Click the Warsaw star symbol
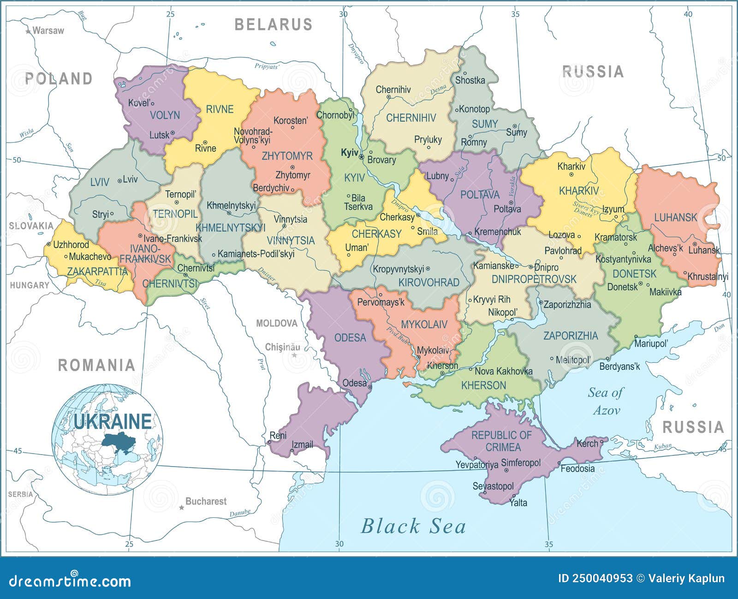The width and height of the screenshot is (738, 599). pyautogui.click(x=28, y=31)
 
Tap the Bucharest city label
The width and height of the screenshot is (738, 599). pyautogui.click(x=206, y=501)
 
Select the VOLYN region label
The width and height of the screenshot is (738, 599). pyautogui.click(x=165, y=115)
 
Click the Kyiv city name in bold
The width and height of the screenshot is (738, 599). pyautogui.click(x=349, y=153)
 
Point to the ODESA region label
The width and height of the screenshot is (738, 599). pyautogui.click(x=350, y=338)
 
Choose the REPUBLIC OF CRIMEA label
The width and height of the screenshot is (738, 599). pyautogui.click(x=502, y=441)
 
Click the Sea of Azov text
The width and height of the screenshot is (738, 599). pyautogui.click(x=606, y=401)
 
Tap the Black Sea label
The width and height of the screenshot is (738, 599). pyautogui.click(x=413, y=526)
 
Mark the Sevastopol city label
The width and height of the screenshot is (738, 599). pyautogui.click(x=493, y=486)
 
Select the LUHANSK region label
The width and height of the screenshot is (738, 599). pyautogui.click(x=676, y=217)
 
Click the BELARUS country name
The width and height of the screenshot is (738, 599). pyautogui.click(x=274, y=24)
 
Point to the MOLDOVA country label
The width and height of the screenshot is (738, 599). pyautogui.click(x=277, y=323)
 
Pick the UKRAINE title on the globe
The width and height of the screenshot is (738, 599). pyautogui.click(x=113, y=421)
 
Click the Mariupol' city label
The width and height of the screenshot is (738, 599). pyautogui.click(x=651, y=343)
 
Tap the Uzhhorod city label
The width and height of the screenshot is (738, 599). pyautogui.click(x=71, y=245)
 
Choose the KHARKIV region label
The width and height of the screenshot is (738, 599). pyautogui.click(x=579, y=191)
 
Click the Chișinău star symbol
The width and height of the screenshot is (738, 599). pyautogui.click(x=294, y=355)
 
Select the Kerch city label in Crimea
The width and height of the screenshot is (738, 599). pyautogui.click(x=587, y=443)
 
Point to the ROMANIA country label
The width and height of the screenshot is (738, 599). pyautogui.click(x=96, y=365)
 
